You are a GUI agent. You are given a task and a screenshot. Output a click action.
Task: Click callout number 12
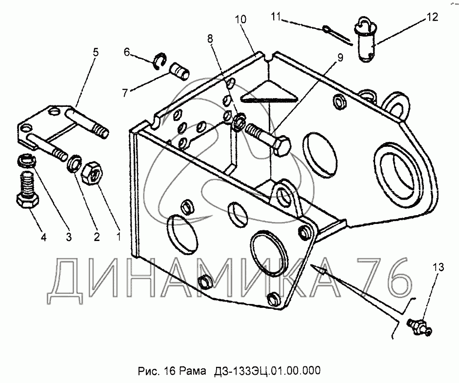pos(432,17)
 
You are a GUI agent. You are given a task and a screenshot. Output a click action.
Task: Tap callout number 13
pos(439,267)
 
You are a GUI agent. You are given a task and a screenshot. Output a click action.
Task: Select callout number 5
pos(96,52)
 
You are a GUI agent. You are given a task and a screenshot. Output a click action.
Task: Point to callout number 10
pos(240,20)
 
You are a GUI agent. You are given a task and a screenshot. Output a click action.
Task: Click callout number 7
pos(125,93)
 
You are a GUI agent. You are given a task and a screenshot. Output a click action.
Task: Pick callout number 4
pos(43,237)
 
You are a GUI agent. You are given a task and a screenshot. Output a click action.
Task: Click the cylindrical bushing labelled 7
pos(180,71)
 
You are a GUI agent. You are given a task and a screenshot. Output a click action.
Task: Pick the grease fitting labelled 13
pos(419,327)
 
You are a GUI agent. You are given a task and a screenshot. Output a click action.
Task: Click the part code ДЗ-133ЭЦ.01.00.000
pos(265,371)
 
